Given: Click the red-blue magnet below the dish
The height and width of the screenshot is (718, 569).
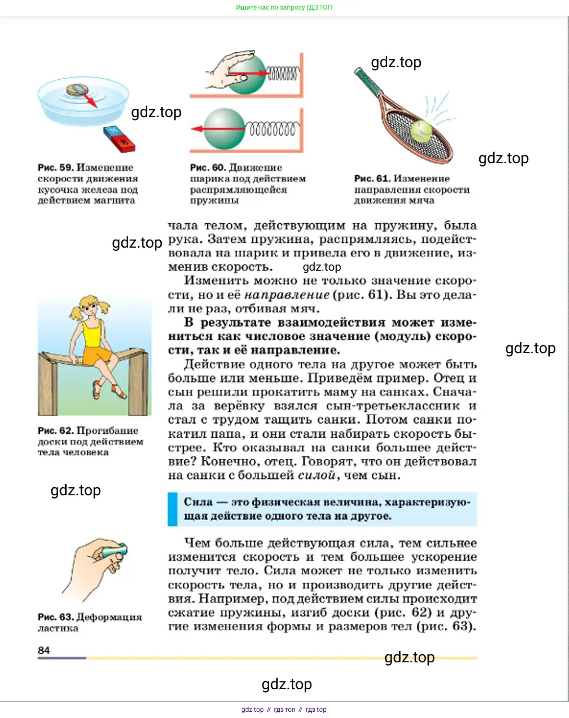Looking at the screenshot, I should click(x=119, y=139).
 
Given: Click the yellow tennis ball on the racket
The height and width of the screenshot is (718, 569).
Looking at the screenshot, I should click(x=421, y=131).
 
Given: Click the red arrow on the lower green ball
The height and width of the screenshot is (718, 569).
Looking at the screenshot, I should click(x=206, y=129).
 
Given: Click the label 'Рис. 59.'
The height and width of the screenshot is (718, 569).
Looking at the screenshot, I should click(x=55, y=168).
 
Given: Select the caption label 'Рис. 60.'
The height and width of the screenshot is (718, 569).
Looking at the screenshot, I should click(x=207, y=168).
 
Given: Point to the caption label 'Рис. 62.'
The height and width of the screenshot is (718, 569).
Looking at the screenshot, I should click(x=55, y=431).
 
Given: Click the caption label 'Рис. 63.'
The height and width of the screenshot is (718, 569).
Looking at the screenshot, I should click(x=55, y=617).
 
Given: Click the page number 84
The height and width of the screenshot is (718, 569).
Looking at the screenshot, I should click(x=44, y=650).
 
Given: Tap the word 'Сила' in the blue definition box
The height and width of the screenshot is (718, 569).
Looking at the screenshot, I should click(x=198, y=502).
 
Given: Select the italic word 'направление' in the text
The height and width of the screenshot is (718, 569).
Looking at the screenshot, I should click(x=286, y=294).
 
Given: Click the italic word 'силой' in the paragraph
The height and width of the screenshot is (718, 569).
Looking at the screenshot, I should click(x=317, y=475).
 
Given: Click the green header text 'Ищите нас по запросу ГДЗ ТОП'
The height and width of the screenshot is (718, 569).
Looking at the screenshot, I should click(x=284, y=7).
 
